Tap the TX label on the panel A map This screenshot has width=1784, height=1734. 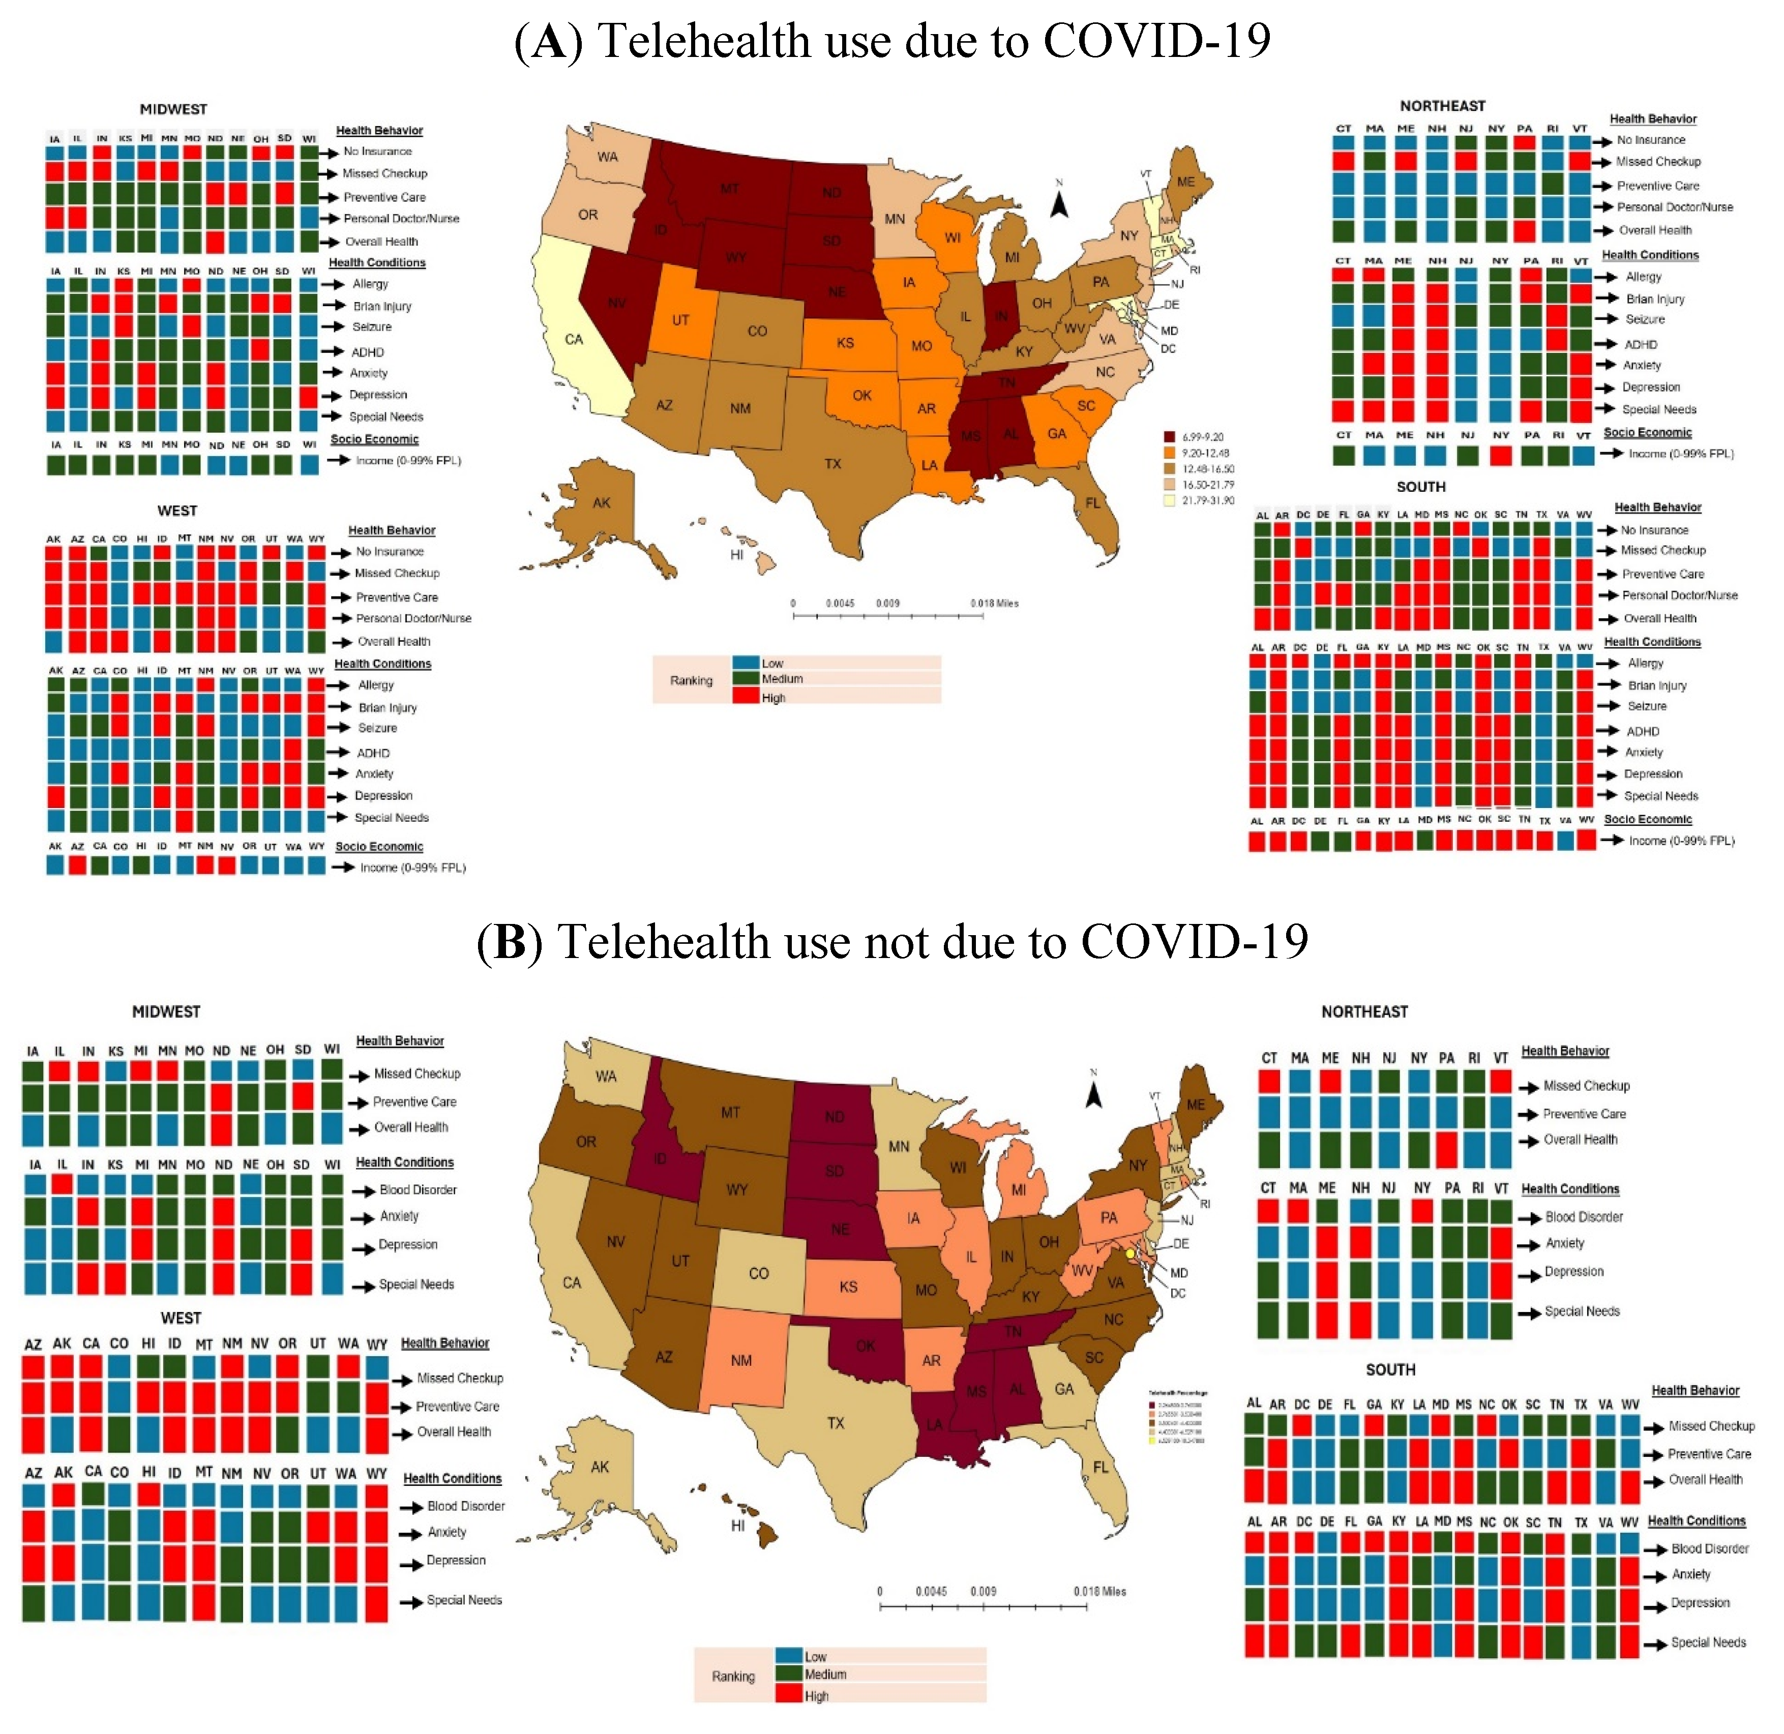[x=832, y=464]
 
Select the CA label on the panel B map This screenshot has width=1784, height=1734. [x=572, y=1283]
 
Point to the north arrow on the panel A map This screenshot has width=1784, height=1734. [x=1059, y=202]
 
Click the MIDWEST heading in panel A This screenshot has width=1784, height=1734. [x=173, y=109]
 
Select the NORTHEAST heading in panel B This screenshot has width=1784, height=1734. [x=1364, y=1012]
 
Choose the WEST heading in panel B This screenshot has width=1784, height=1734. [x=181, y=1318]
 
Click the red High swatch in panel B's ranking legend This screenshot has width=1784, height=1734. [x=789, y=1695]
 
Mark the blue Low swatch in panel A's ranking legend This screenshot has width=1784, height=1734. [x=746, y=663]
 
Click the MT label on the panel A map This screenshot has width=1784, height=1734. [x=729, y=189]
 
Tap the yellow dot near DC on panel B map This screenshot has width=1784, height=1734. [x=1130, y=1254]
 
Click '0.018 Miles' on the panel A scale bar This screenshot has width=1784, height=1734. [x=994, y=603]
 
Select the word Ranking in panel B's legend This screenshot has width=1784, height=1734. [x=733, y=1677]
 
